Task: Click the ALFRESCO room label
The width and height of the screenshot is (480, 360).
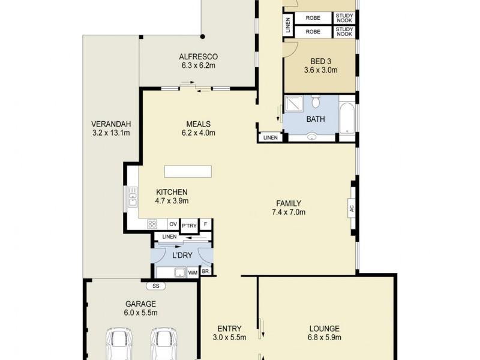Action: coord(197,57)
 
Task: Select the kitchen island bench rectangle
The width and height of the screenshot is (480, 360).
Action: coord(188,172)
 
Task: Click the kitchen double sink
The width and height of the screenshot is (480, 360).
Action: coord(132,197)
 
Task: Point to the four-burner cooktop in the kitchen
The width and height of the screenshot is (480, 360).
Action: coord(152,224)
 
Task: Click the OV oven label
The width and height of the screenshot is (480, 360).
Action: coord(172,224)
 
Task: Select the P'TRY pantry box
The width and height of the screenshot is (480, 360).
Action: coord(189,225)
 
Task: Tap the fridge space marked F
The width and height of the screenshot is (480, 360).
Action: coord(206,224)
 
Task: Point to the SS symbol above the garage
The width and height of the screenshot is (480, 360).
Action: coord(155,286)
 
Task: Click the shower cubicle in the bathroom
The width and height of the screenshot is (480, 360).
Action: coord(294,106)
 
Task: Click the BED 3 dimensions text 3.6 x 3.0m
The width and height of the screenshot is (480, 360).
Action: coord(320,70)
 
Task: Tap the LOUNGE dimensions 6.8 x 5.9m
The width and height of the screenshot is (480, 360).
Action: coord(325,338)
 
